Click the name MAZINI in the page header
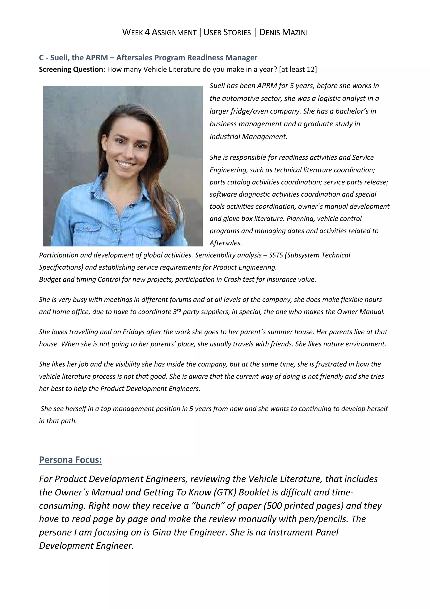coord(295,32)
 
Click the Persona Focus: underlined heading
coord(70,460)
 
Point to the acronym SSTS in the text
coord(276,255)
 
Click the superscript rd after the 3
coord(179,310)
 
